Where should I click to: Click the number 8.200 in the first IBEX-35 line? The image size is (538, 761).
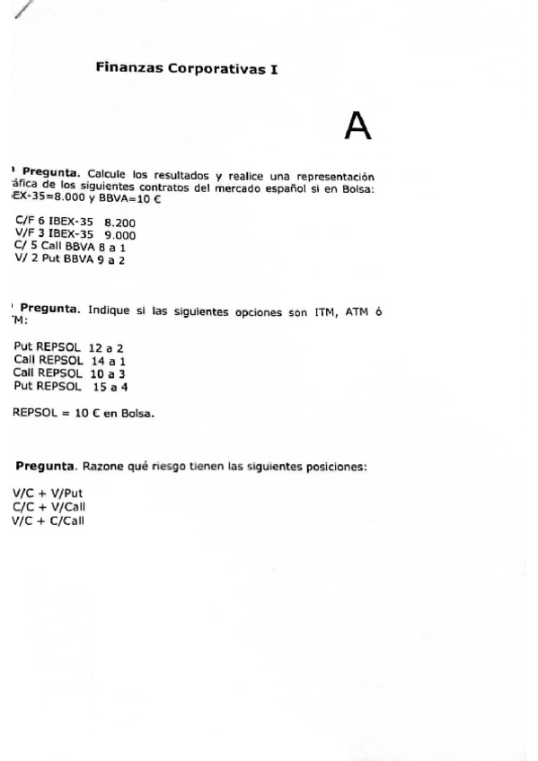tap(121, 221)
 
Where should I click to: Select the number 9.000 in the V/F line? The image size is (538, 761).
tap(121, 233)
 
